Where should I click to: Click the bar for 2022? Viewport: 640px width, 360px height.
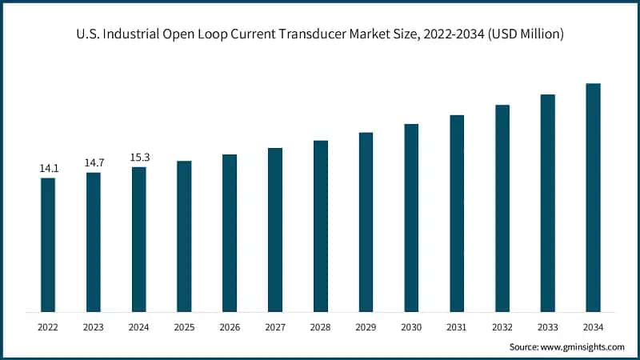point(48,244)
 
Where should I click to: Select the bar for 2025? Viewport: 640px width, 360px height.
point(184,236)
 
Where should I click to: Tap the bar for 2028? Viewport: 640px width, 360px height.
point(321,226)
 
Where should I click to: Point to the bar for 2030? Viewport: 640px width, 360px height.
point(411,218)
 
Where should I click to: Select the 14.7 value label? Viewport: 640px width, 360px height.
point(94,163)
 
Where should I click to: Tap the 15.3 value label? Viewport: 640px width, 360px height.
point(139,158)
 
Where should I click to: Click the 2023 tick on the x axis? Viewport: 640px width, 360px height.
point(94,326)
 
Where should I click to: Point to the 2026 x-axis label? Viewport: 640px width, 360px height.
point(230,326)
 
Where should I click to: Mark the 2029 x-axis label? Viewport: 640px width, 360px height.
point(366,326)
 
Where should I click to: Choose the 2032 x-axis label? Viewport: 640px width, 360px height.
point(502,326)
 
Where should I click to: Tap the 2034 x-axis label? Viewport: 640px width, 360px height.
point(593,326)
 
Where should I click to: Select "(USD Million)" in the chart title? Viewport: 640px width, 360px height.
point(521,34)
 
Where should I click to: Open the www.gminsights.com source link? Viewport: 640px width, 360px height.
point(580,346)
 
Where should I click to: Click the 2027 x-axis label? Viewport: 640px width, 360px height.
point(275,326)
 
